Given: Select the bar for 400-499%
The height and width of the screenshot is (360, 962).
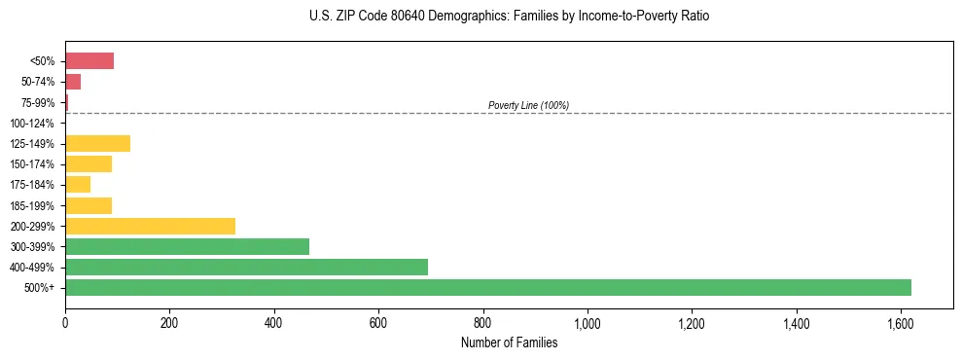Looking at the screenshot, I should pyautogui.click(x=246, y=267).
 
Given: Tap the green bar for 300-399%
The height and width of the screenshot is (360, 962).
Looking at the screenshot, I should pyautogui.click(x=187, y=246).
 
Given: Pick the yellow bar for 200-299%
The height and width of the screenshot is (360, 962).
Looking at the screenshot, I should pyautogui.click(x=150, y=226).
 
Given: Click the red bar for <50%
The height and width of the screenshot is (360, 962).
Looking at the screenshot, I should pyautogui.click(x=89, y=61).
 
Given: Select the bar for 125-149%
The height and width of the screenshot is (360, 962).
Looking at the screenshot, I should pyautogui.click(x=97, y=144).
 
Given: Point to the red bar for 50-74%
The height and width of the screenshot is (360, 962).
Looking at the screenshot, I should pyautogui.click(x=73, y=82).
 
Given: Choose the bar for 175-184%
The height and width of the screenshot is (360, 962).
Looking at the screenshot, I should pyautogui.click(x=78, y=185).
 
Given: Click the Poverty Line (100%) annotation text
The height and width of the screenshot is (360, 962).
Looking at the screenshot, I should pyautogui.click(x=528, y=105).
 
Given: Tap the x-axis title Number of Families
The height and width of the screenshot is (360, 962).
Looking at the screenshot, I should pyautogui.click(x=509, y=342).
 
